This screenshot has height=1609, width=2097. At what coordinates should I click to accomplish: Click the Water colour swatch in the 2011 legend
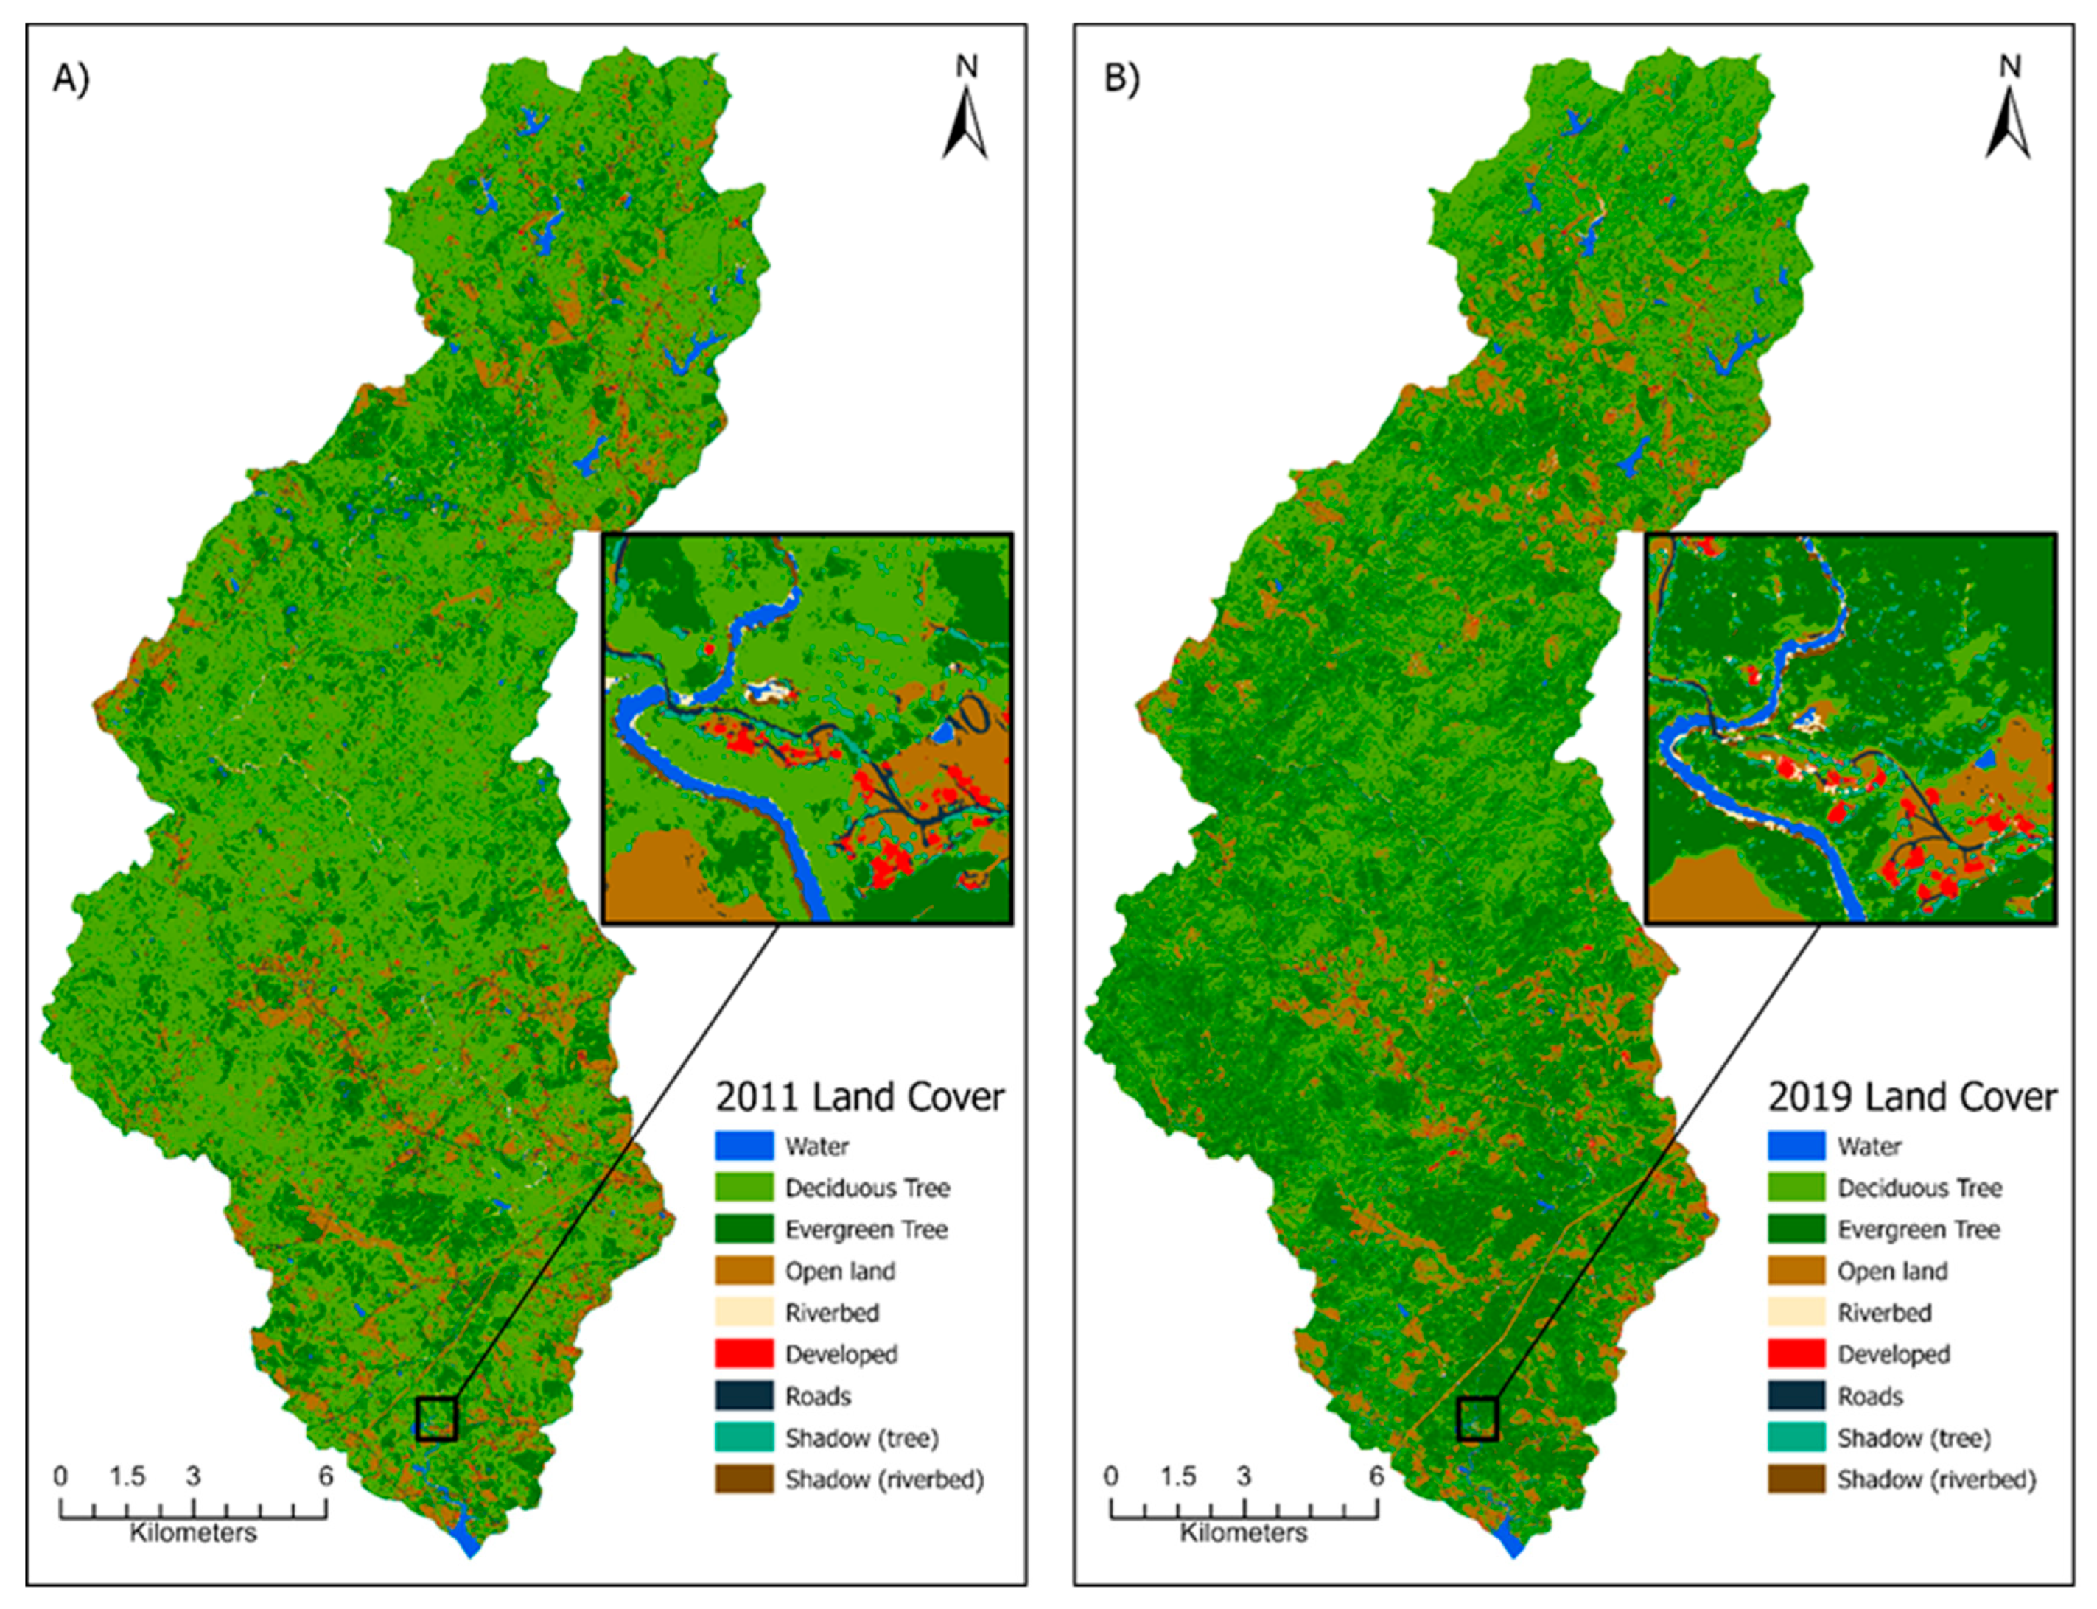[x=743, y=1146]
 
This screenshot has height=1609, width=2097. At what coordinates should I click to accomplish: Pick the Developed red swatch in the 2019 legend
[x=1795, y=1354]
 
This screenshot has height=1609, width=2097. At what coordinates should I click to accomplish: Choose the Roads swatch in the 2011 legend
[x=743, y=1395]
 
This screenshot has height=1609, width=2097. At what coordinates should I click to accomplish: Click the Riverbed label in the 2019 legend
[x=1883, y=1313]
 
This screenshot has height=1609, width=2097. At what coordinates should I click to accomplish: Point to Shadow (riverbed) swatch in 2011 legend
[x=743, y=1479]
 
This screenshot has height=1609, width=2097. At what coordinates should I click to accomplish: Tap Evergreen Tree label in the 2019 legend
[x=1918, y=1230]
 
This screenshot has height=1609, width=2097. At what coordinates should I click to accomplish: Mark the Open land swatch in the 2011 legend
[x=743, y=1271]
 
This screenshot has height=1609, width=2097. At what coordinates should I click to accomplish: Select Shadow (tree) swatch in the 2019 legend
[x=1795, y=1437]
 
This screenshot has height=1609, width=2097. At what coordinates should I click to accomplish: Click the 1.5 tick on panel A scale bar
[x=127, y=1477]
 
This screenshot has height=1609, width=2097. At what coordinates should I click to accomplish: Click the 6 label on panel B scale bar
[x=1376, y=1477]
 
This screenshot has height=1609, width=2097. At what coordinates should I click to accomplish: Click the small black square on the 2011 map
[x=436, y=1418]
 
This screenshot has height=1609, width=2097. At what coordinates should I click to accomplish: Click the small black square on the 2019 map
[x=1477, y=1418]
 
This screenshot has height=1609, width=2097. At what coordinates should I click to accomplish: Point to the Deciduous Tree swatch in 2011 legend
[x=743, y=1188]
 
